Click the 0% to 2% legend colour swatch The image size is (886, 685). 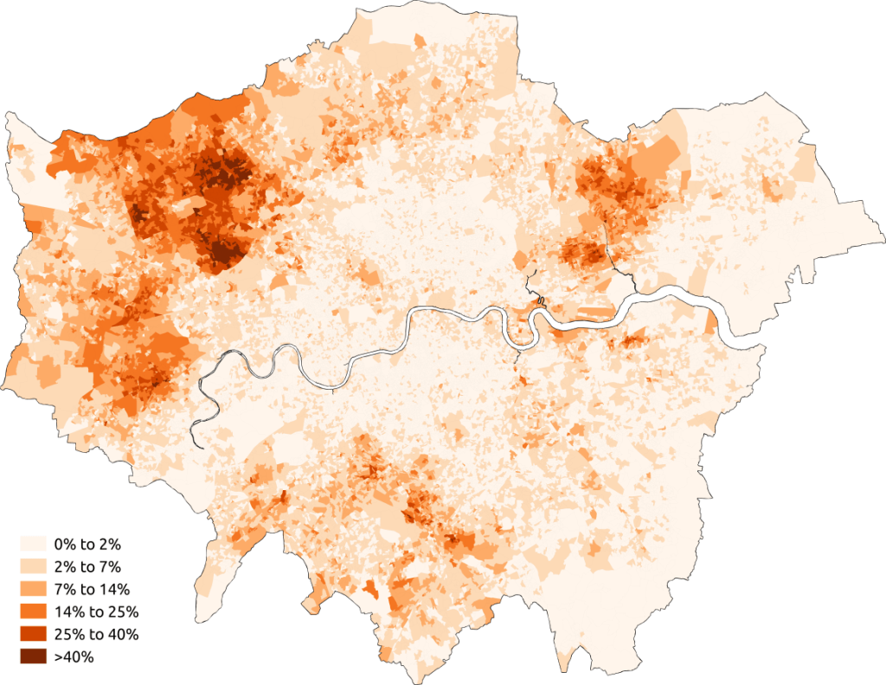[34, 544]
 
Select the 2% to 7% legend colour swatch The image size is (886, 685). [34, 566]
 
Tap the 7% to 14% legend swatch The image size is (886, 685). [34, 589]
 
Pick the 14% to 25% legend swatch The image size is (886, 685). [34, 611]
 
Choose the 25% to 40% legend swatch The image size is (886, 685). [34, 634]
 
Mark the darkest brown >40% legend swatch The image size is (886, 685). [34, 656]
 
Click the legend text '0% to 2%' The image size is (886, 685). [87, 544]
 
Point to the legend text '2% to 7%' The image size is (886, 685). [87, 566]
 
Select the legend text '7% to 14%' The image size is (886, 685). [91, 589]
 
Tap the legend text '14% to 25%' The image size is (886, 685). [95, 611]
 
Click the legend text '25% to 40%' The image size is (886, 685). [95, 634]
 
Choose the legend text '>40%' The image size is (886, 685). [74, 656]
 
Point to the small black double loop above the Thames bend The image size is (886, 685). [540, 300]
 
